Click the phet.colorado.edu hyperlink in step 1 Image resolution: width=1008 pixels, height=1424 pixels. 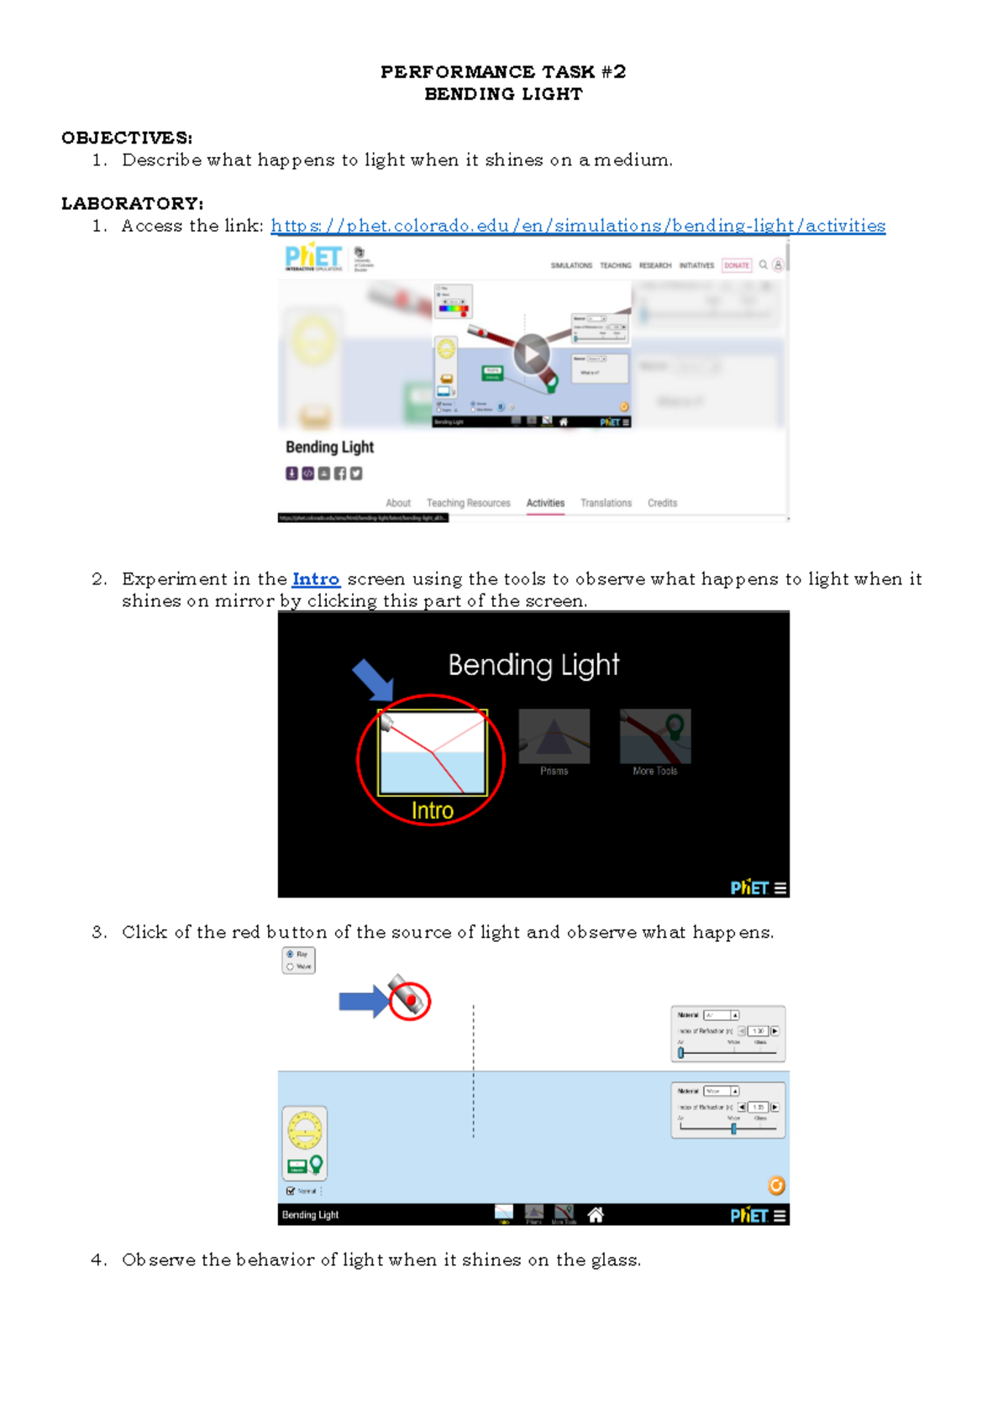[x=578, y=226]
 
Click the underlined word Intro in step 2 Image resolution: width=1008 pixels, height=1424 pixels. [x=316, y=579]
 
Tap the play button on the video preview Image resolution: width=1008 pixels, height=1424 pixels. [x=531, y=354]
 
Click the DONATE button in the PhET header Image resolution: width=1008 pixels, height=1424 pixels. [x=737, y=265]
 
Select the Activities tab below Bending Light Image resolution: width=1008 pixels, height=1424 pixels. [x=545, y=503]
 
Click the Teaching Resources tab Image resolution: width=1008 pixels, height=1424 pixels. [x=468, y=503]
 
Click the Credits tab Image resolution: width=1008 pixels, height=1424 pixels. [x=662, y=503]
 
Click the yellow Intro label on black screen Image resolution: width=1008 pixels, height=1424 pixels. [x=432, y=810]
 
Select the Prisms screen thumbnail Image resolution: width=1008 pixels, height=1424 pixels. [x=554, y=737]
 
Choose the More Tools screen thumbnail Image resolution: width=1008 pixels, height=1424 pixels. [x=655, y=737]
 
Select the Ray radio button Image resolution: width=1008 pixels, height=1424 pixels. [x=291, y=955]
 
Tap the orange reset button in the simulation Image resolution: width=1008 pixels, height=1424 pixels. [x=776, y=1186]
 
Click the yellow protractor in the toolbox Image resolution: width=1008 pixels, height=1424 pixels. [x=304, y=1130]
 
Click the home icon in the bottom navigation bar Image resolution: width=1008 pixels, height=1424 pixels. [x=596, y=1215]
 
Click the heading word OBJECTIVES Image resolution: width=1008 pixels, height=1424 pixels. [x=126, y=138]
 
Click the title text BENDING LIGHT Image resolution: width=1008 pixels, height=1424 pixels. [x=503, y=94]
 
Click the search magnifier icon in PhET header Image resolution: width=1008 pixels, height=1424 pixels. [x=763, y=265]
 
